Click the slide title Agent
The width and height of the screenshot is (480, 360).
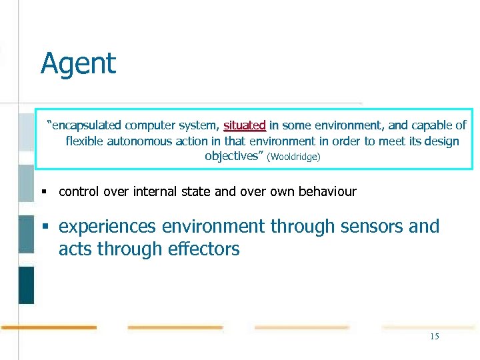pyautogui.click(x=78, y=64)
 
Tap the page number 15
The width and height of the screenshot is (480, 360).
pyautogui.click(x=435, y=337)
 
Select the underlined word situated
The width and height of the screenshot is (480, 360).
pyautogui.click(x=245, y=125)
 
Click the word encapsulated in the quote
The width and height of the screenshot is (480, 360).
pyautogui.click(x=87, y=125)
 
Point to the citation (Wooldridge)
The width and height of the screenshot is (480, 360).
pyautogui.click(x=293, y=157)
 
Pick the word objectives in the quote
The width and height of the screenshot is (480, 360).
pyautogui.click(x=232, y=156)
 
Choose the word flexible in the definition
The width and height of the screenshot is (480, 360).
pyautogui.click(x=85, y=141)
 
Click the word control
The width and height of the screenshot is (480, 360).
pyautogui.click(x=79, y=192)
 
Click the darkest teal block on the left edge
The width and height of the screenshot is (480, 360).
pyautogui.click(x=26, y=285)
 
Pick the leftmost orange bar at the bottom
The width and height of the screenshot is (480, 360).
pyautogui.click(x=49, y=327)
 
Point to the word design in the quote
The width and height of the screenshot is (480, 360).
pyautogui.click(x=441, y=141)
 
